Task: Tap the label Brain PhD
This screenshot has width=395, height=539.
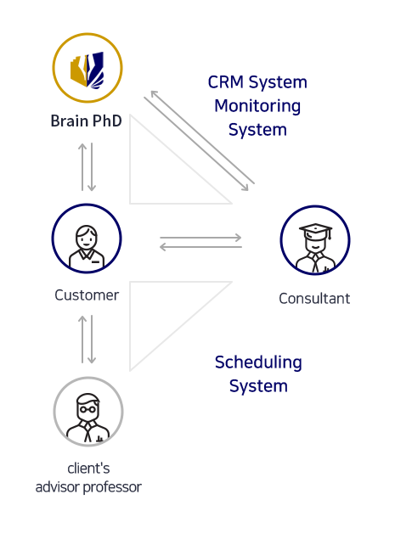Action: (87, 121)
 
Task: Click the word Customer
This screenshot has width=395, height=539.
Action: (87, 295)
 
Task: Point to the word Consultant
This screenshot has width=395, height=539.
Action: (314, 299)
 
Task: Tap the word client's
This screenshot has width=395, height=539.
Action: (89, 469)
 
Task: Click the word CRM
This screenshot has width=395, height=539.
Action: (226, 82)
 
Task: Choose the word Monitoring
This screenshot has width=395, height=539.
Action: (257, 106)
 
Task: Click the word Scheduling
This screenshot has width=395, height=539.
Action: (258, 362)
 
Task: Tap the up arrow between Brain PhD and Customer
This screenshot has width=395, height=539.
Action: (82, 166)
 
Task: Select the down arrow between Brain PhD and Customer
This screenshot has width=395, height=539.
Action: (92, 166)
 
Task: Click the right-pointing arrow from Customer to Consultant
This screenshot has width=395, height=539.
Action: (200, 237)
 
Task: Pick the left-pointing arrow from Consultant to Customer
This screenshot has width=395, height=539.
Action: (200, 247)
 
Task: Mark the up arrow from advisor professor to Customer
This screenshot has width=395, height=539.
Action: (82, 340)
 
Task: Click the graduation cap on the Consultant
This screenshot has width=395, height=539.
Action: (316, 231)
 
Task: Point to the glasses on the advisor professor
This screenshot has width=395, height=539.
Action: (88, 409)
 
